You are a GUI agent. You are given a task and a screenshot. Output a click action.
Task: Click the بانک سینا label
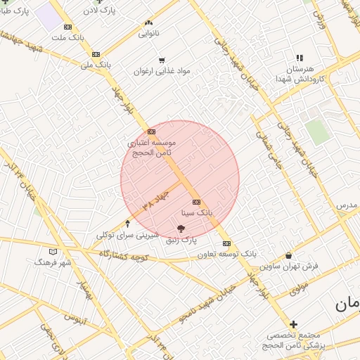click(197, 212)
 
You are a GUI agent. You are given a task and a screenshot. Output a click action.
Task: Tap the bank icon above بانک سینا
click(196, 202)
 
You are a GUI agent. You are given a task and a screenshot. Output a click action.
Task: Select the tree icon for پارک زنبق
click(181, 229)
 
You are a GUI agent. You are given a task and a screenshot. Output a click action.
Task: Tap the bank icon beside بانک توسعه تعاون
click(226, 243)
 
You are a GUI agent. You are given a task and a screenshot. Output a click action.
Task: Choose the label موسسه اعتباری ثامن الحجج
click(151, 147)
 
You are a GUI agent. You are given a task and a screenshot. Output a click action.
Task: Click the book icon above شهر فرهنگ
click(53, 251)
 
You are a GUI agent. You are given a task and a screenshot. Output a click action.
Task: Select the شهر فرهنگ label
click(53, 262)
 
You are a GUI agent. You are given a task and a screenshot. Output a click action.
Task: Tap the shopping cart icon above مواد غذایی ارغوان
click(162, 60)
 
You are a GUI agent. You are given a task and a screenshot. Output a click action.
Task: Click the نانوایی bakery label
click(148, 33)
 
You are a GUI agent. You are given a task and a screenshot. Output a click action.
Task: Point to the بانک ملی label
click(96, 65)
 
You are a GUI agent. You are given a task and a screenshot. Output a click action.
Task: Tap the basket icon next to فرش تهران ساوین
click(289, 256)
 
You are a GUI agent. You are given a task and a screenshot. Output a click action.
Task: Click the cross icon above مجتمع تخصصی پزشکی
click(293, 325)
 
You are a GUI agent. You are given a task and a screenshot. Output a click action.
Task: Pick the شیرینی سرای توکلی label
click(127, 234)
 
